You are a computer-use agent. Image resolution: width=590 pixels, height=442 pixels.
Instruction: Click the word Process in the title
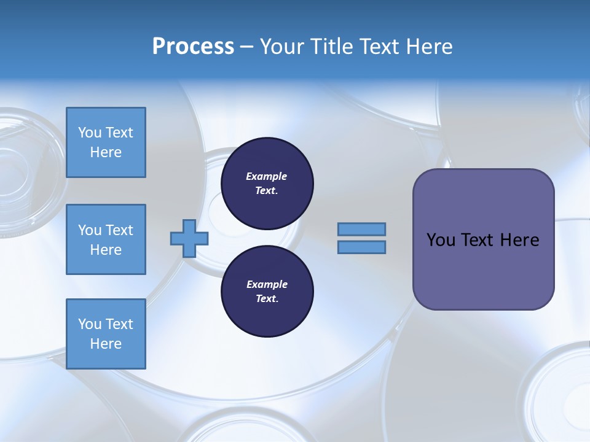point(193,47)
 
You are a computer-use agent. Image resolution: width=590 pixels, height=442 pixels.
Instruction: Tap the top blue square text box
point(106,142)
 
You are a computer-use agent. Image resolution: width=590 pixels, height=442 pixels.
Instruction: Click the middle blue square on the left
point(106,239)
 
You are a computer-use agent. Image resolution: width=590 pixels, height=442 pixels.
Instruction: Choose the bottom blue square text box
point(106,334)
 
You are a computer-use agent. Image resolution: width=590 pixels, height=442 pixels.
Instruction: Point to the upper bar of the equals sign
point(361,229)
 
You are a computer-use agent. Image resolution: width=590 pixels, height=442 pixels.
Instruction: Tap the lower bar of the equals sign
point(361,247)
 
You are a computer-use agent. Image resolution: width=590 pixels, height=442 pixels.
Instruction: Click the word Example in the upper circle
point(267,176)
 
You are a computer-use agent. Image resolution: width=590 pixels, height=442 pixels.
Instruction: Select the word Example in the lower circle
point(267,284)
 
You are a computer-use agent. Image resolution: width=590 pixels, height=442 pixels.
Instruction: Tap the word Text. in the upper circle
point(267,190)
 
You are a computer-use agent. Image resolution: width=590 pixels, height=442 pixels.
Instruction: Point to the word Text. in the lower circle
point(267,298)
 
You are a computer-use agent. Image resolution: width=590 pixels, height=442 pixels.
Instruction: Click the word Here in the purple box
point(519,240)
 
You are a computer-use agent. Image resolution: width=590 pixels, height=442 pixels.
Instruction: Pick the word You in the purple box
point(441,240)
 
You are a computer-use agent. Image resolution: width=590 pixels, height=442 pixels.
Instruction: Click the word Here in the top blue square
point(106,152)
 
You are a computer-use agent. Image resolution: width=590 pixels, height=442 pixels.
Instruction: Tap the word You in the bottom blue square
point(90,324)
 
